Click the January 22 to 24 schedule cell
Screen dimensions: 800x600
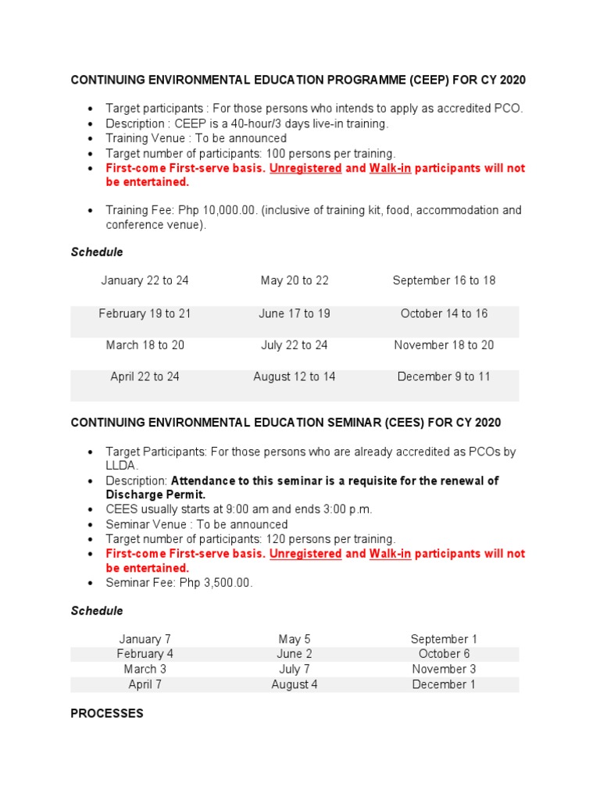click(145, 280)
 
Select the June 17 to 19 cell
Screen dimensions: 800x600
click(295, 313)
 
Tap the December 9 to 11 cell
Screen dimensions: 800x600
click(444, 377)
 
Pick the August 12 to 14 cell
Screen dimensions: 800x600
click(295, 377)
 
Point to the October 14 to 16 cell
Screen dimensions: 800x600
click(444, 313)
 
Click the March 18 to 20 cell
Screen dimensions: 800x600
click(145, 345)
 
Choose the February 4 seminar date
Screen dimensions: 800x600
click(145, 654)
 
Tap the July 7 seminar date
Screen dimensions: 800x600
click(295, 669)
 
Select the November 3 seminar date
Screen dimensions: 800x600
click(444, 669)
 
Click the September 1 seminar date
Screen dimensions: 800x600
click(444, 639)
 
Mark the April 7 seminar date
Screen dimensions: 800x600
click(145, 684)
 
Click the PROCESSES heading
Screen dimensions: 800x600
click(107, 713)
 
